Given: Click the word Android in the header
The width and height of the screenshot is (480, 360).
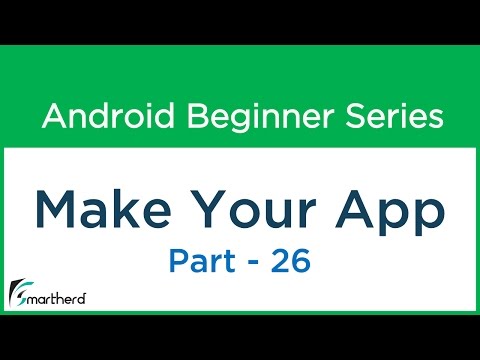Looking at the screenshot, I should (x=95, y=117).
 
